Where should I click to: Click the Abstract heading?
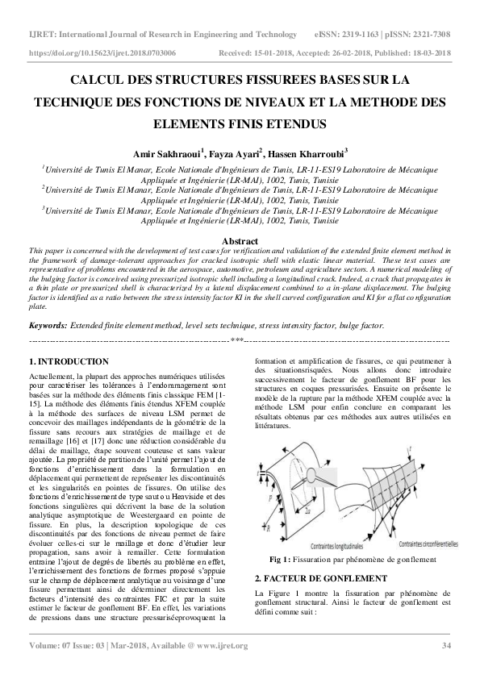tap(240, 241)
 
